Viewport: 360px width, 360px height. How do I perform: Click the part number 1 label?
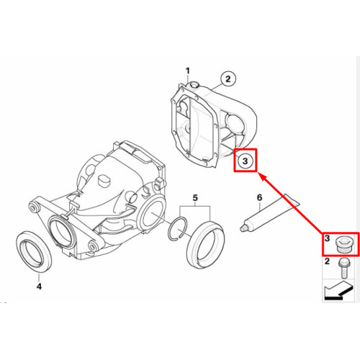[x=188, y=71]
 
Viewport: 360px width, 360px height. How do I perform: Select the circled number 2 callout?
[x=228, y=78]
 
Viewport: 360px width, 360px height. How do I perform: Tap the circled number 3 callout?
[x=245, y=161]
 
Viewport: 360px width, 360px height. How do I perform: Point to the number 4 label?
[x=39, y=286]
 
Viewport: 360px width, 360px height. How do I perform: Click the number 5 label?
[x=195, y=198]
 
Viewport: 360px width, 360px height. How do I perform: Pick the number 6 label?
[x=259, y=197]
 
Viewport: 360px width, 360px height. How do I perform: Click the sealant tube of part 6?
[x=270, y=213]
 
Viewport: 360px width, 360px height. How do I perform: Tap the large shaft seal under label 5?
[x=206, y=246]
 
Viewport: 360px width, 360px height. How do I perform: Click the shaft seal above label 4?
[x=34, y=251]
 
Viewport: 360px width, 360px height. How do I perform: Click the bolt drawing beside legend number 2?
[x=343, y=268]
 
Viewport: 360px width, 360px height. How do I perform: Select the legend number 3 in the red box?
[x=327, y=238]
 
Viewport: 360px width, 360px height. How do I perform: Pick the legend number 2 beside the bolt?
[x=327, y=261]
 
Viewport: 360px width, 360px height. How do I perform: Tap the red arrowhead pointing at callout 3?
[x=263, y=178]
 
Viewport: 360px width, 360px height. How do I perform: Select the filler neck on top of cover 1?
[x=193, y=85]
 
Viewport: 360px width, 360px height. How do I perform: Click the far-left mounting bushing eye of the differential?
[x=33, y=207]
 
